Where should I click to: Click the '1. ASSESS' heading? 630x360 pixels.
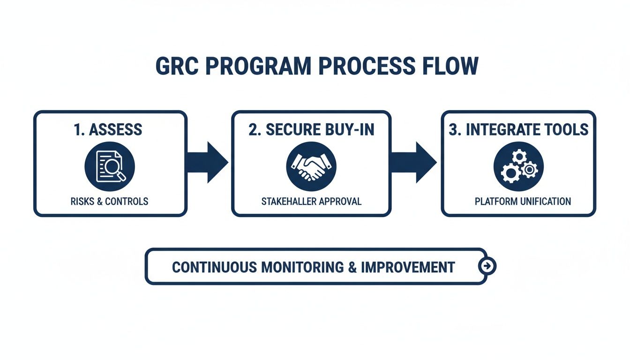(x=108, y=130)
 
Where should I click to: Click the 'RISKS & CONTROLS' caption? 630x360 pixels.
(x=110, y=202)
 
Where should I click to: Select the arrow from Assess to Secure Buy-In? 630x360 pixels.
(x=208, y=163)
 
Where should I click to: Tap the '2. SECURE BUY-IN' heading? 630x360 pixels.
(x=311, y=130)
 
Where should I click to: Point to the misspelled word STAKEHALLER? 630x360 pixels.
(x=288, y=202)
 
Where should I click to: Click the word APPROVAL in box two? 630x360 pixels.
(x=338, y=202)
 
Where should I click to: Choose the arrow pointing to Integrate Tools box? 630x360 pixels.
(x=414, y=163)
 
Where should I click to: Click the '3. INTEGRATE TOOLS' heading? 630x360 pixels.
(x=518, y=130)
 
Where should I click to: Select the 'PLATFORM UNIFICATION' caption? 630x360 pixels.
(x=523, y=202)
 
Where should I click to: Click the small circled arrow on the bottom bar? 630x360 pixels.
(x=487, y=266)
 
